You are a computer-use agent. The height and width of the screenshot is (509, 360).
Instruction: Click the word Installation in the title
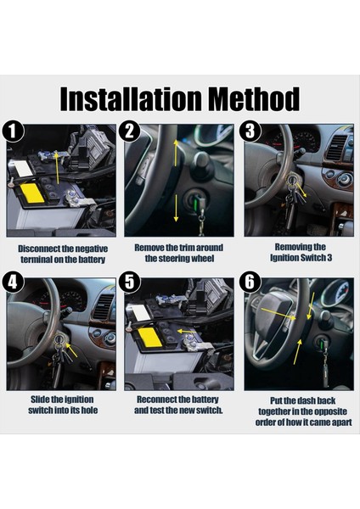[131, 99]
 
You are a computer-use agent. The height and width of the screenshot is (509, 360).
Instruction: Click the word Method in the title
[254, 99]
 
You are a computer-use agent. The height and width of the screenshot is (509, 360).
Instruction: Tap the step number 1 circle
[13, 131]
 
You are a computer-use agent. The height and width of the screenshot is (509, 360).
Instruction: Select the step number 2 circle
[130, 131]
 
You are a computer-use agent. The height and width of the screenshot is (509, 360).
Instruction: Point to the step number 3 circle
[250, 131]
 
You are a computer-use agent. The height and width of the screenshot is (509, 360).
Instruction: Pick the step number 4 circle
[13, 282]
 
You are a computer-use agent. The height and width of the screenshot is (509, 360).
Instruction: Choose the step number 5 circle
[130, 282]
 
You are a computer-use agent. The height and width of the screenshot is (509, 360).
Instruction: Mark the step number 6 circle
[250, 282]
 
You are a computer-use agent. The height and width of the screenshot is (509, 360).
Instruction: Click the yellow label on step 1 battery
[32, 193]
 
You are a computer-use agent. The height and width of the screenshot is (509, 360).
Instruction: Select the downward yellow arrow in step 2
[176, 208]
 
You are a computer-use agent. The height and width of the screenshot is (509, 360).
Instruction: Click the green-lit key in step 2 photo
[197, 205]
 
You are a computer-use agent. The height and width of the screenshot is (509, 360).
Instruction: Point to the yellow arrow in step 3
[301, 190]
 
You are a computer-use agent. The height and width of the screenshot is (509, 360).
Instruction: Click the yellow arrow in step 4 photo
[73, 350]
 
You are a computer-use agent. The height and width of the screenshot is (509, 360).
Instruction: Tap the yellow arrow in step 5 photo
[186, 332]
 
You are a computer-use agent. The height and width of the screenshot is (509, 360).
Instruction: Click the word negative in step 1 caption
[91, 249]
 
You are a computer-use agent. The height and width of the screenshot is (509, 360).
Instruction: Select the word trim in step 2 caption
[187, 248]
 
